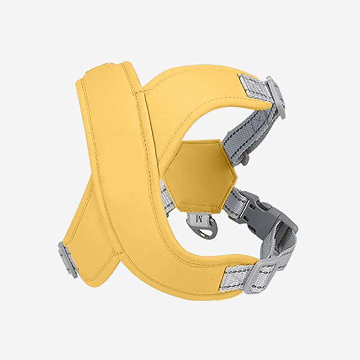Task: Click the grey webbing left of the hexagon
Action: click(x=166, y=193)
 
